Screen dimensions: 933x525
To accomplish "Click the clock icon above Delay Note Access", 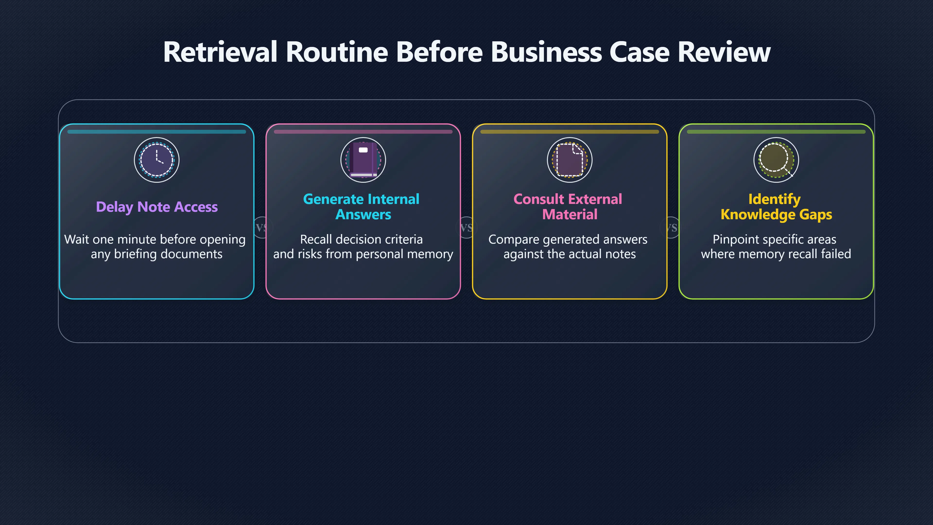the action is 157,160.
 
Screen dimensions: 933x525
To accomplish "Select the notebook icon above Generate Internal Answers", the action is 363,160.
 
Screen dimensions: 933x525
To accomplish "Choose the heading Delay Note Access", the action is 157,207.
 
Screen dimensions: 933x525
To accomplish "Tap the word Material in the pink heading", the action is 570,214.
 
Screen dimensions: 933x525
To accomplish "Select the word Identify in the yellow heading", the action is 774,199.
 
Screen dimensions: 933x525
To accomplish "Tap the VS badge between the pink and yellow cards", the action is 466,227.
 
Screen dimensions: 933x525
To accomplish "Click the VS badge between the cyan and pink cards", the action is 261,227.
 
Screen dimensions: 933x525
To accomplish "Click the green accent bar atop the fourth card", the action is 776,132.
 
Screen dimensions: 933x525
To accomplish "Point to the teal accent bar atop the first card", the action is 157,132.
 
